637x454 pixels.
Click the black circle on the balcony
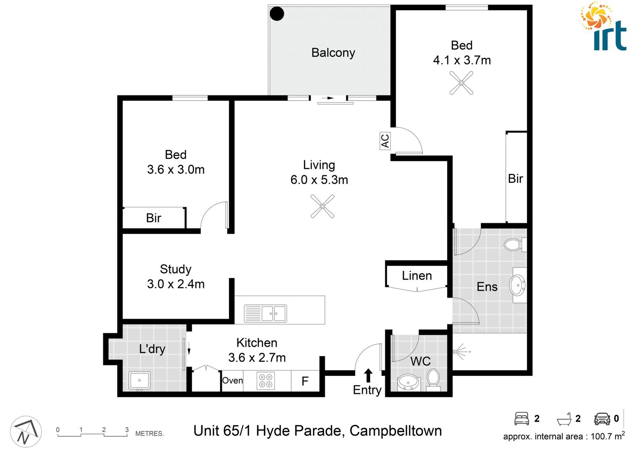pos(276,13)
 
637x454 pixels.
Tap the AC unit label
pos(385,140)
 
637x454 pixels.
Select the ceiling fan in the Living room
pos(322,206)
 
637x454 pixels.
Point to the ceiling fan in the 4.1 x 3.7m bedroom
pos(461,83)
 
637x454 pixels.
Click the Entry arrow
pos(368,375)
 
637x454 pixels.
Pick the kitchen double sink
pos(266,313)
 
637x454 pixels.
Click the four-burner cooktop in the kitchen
pos(266,380)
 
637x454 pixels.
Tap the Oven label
pos(232,380)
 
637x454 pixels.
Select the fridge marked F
pos(305,381)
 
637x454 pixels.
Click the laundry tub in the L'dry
pos(140,380)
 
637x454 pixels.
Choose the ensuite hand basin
pos(517,285)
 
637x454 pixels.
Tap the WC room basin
pos(408,382)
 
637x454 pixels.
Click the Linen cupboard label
pos(416,276)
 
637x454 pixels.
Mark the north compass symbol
pos(26,432)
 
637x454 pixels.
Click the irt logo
pos(605,27)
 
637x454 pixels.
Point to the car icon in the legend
pos(602,419)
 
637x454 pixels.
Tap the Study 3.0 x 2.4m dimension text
pos(176,284)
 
